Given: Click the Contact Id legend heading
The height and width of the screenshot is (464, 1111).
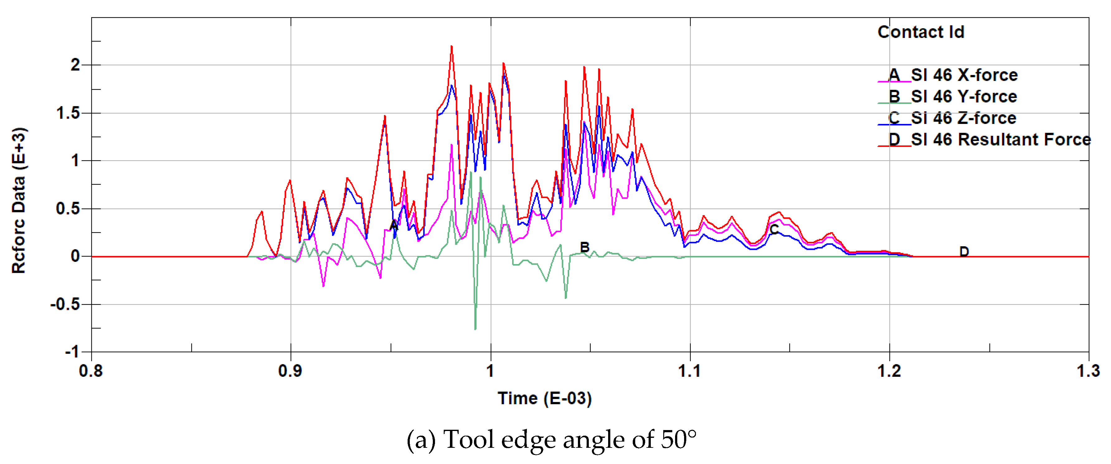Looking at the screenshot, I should (x=921, y=32).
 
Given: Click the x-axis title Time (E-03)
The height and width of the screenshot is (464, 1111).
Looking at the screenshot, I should (x=544, y=398).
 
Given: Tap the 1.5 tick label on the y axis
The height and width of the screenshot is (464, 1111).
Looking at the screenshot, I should (x=69, y=113).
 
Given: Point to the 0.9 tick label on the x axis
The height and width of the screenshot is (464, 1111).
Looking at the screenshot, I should (x=290, y=371).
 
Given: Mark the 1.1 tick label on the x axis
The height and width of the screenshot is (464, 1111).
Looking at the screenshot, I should (x=690, y=371).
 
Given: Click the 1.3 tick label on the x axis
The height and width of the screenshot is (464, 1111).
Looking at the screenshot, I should (x=1088, y=371).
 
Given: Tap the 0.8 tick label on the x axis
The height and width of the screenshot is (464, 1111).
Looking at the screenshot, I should (x=91, y=371).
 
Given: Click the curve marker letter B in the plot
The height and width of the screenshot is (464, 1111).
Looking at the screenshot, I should (x=584, y=247).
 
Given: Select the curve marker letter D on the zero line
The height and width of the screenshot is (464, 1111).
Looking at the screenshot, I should (x=964, y=251).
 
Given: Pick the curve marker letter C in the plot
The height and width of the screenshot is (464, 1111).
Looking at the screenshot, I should (x=774, y=230).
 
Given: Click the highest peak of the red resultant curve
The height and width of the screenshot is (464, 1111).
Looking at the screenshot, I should (x=451, y=46).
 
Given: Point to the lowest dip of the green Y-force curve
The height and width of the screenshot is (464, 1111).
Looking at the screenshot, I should (x=475, y=329).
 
